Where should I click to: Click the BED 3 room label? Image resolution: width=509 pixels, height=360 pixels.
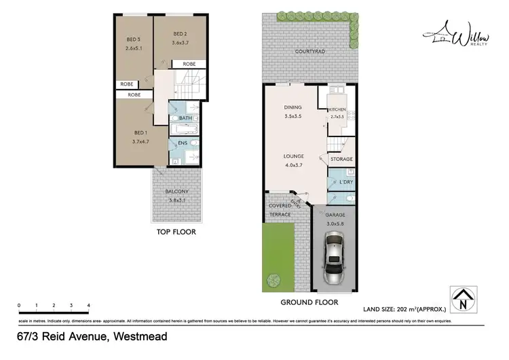132,39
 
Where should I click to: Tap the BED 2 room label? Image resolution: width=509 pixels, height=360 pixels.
180,34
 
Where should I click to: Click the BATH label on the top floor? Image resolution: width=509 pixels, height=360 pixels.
185,118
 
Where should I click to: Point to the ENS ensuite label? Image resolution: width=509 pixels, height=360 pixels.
183,143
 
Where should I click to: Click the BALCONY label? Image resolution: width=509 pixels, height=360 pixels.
176,192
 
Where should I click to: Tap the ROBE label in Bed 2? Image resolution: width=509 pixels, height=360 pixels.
189,64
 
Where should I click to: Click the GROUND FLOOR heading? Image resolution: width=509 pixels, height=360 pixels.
309,302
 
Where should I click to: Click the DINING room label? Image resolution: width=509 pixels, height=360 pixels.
293,107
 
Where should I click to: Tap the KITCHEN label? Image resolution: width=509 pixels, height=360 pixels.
337,109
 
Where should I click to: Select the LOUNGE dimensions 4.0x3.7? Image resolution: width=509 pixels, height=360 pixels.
293,164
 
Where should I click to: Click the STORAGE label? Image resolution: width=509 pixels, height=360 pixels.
341,159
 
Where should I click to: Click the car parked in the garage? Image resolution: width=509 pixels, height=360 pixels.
333,258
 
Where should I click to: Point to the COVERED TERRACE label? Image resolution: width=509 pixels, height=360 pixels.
280,210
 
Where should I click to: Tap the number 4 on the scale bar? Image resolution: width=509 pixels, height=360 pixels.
88,306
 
